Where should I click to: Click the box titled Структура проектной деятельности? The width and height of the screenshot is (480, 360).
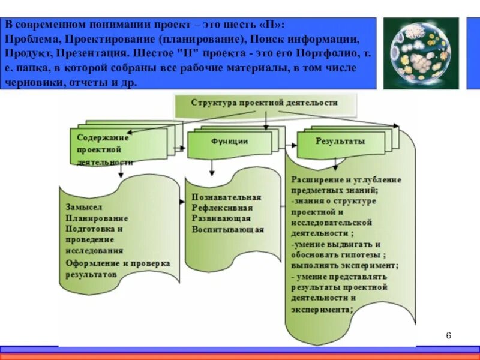tap(264, 103)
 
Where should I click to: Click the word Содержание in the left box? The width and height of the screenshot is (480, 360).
tap(103, 137)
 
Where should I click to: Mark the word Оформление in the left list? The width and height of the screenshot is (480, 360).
tap(92, 263)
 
